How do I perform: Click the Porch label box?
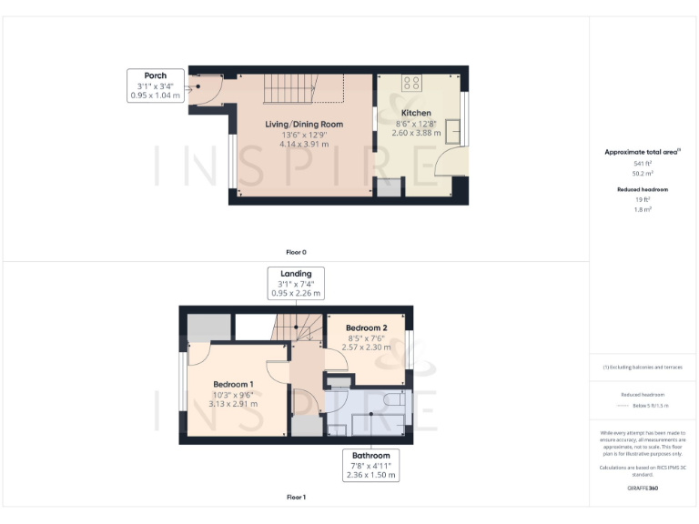pos(156,86)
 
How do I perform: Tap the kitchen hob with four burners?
pos(411,83)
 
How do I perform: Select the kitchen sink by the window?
pos(454,131)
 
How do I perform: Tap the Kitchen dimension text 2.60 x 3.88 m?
pos(416,133)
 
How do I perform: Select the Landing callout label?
pos(296,283)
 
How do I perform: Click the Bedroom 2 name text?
pos(367,327)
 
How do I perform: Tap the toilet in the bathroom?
pos(393,400)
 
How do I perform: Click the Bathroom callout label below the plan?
pos(371,465)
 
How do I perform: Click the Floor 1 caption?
pos(296,498)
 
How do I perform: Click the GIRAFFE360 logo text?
pos(643,489)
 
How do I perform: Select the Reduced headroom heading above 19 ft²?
pos(643,189)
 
